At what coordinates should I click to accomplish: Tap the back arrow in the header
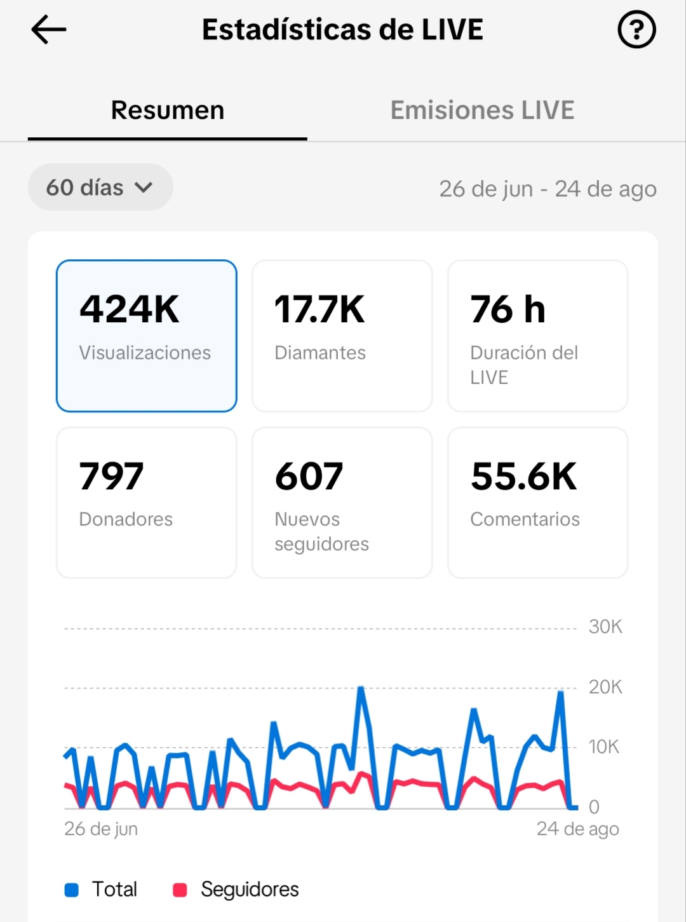[49, 29]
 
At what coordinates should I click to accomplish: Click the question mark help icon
[636, 29]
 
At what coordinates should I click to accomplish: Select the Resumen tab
[168, 110]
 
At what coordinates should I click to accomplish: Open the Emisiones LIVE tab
[482, 110]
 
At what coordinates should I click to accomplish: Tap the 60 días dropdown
[100, 187]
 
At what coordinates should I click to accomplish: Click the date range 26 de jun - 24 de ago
[548, 189]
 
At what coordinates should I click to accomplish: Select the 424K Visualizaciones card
[147, 336]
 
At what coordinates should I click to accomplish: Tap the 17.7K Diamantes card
[342, 336]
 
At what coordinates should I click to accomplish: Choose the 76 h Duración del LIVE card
[537, 336]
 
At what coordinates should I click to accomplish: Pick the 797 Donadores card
[147, 503]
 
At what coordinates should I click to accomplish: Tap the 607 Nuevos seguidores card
[342, 503]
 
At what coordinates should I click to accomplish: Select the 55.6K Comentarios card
[537, 503]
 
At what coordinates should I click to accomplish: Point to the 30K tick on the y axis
[605, 627]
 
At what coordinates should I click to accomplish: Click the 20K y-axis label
[605, 688]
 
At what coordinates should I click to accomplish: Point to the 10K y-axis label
[603, 747]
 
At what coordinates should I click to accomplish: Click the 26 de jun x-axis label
[101, 829]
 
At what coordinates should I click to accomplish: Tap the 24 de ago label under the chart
[578, 829]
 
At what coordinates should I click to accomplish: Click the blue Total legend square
[72, 890]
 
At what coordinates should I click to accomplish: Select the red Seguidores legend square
[180, 890]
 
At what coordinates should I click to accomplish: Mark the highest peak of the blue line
[361, 688]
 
